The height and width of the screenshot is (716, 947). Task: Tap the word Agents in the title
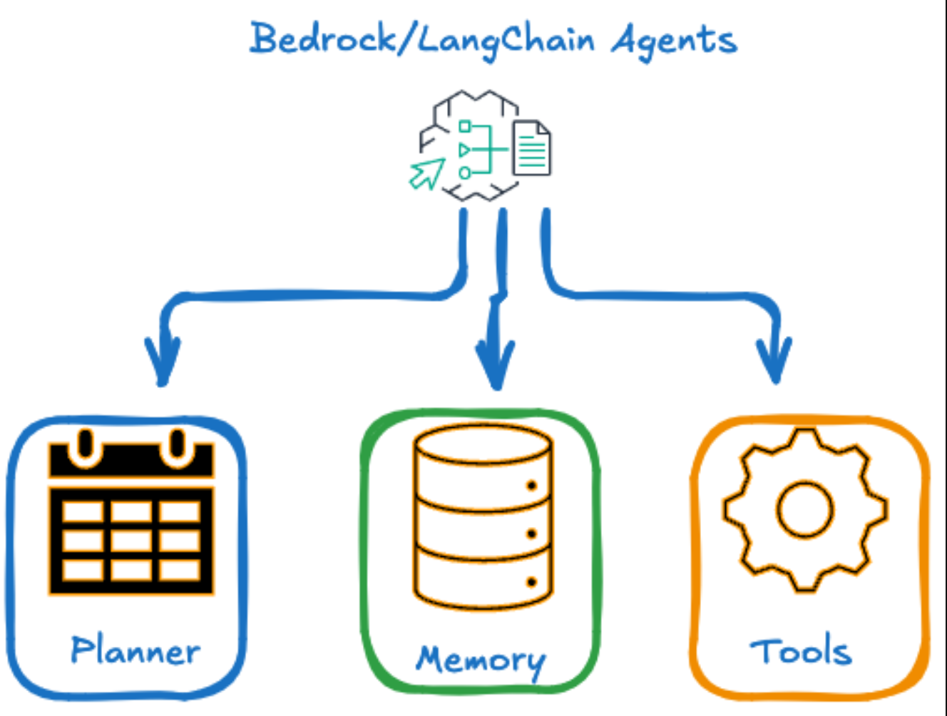(675, 41)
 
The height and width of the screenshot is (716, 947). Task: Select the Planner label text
(135, 650)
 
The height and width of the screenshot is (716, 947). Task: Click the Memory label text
(481, 659)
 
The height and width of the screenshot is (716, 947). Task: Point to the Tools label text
(800, 652)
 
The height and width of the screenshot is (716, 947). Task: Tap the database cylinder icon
(483, 517)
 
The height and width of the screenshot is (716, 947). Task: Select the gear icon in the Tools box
(805, 509)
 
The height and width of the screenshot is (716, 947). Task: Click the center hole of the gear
(805, 509)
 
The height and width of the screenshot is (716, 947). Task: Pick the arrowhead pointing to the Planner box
(163, 364)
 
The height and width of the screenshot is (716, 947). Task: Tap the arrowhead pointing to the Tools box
(774, 362)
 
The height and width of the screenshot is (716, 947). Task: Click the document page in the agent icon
(532, 148)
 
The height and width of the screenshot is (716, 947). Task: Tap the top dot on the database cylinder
(531, 486)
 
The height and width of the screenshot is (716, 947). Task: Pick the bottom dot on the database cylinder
(531, 582)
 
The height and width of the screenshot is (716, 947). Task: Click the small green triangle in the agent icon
(464, 150)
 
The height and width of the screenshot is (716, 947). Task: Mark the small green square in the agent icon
(465, 127)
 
